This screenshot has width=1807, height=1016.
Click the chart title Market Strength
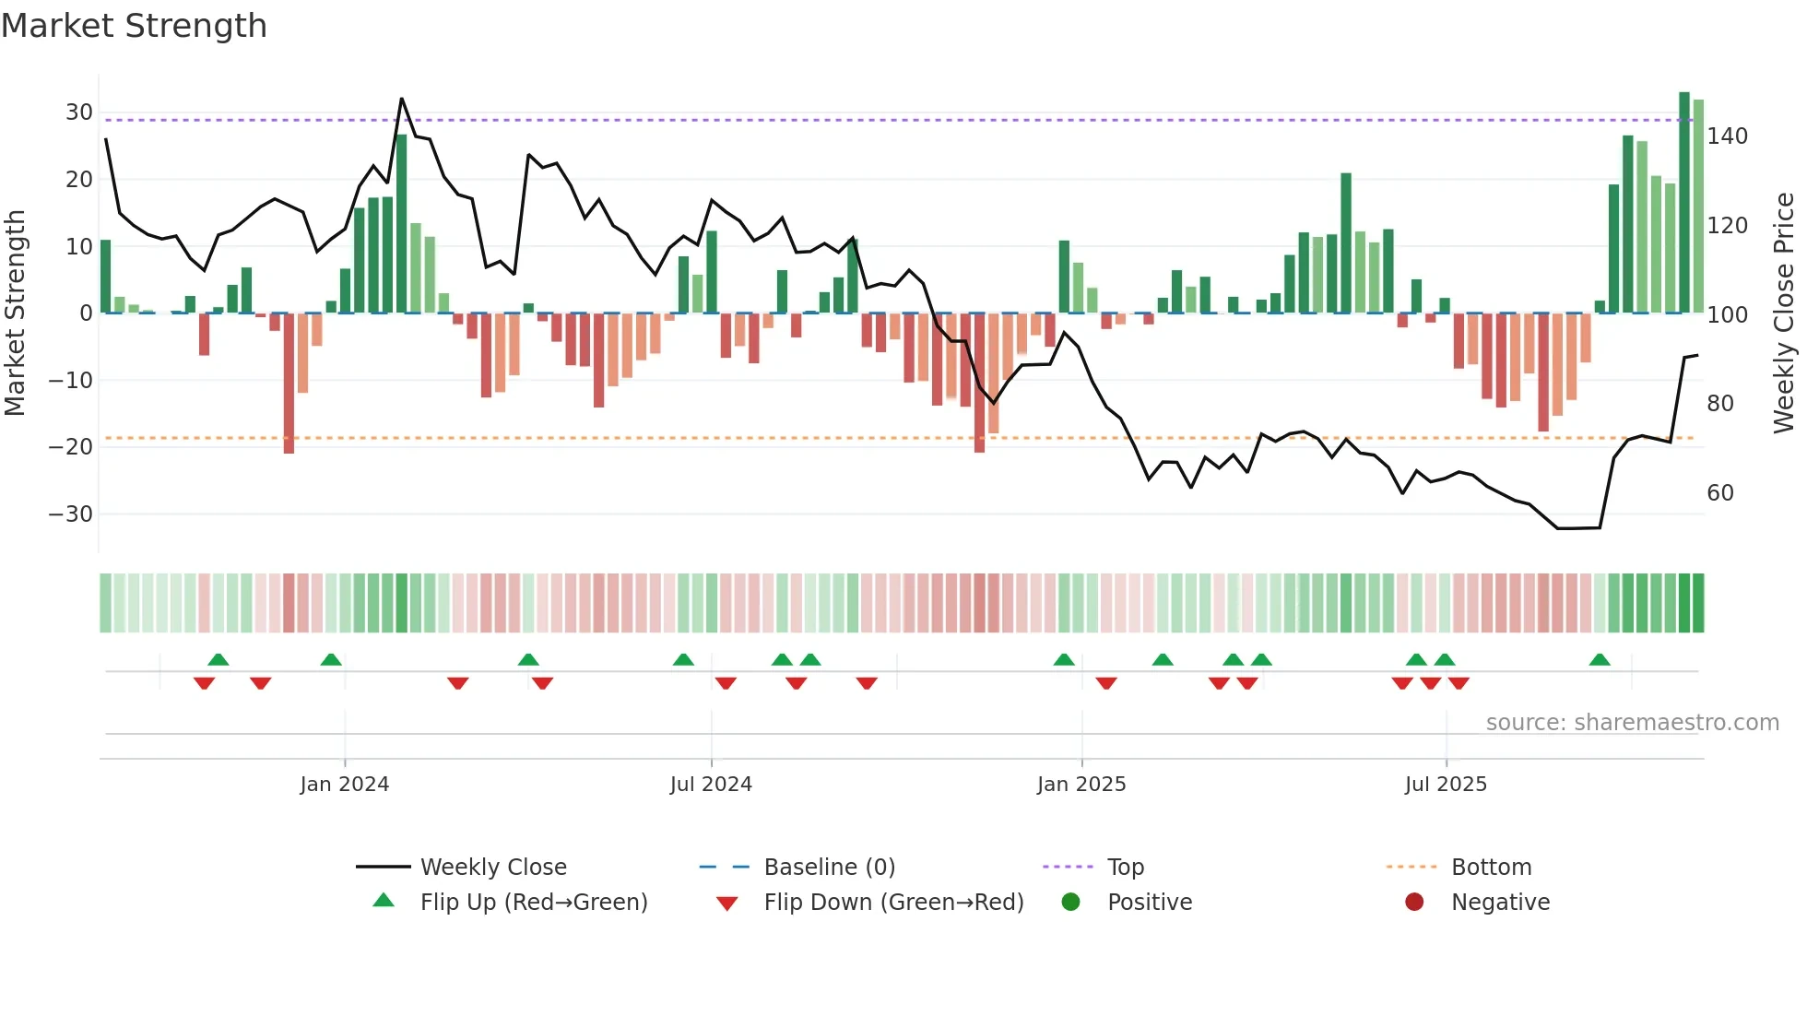click(x=134, y=26)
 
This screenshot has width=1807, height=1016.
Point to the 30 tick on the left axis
click(x=79, y=112)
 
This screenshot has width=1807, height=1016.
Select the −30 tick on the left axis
click(x=72, y=514)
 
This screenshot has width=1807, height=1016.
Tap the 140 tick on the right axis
click(x=1727, y=136)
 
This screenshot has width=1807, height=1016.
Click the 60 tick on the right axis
click(x=1719, y=493)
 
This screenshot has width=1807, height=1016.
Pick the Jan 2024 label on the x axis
click(x=344, y=785)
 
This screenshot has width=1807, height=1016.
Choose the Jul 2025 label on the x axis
click(x=1445, y=785)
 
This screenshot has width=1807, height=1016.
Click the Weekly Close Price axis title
click(x=1784, y=313)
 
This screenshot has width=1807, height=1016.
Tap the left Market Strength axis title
click(x=15, y=313)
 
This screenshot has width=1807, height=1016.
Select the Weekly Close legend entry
click(x=493, y=868)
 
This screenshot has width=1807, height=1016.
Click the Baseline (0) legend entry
click(x=829, y=868)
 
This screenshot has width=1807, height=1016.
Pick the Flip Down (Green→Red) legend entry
click(x=892, y=903)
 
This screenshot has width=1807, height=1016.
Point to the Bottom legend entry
click(x=1491, y=868)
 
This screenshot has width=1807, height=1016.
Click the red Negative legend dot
click(x=1413, y=903)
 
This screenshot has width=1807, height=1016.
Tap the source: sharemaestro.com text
click(x=1632, y=723)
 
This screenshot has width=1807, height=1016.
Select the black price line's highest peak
click(x=401, y=99)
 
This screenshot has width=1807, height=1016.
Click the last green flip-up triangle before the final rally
click(x=1600, y=660)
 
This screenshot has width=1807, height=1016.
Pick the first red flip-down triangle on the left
click(x=204, y=683)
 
